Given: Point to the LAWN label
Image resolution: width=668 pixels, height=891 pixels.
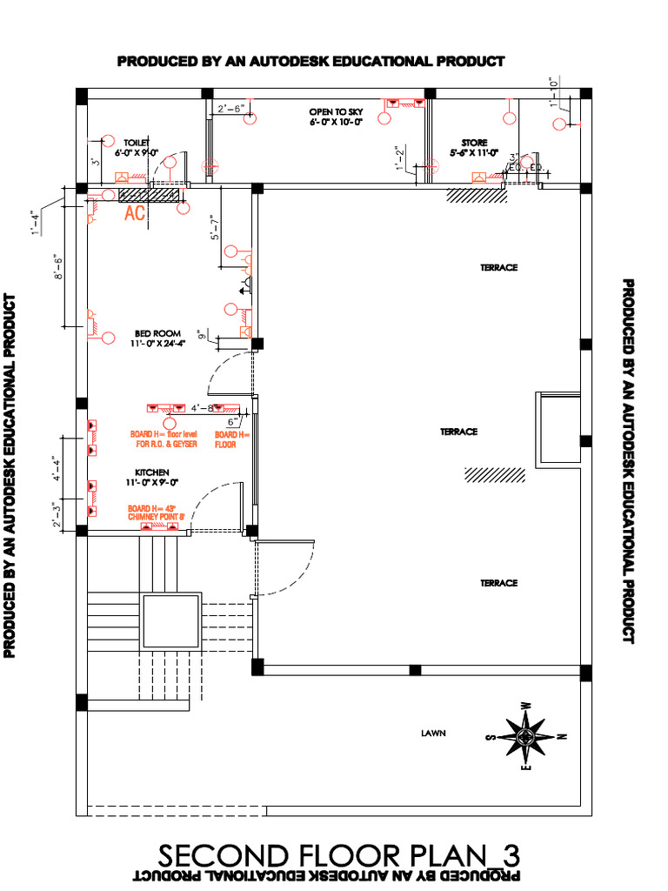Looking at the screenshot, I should [x=433, y=734].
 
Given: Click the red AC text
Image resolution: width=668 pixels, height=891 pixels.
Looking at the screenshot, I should [x=135, y=212].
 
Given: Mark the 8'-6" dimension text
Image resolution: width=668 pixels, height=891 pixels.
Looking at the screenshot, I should [x=57, y=267].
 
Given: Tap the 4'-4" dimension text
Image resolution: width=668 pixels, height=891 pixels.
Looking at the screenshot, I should [x=57, y=470].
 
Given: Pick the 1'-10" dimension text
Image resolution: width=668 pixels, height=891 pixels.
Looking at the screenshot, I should [x=553, y=92].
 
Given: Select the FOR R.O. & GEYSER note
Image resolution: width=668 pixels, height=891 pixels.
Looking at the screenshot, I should [x=166, y=444].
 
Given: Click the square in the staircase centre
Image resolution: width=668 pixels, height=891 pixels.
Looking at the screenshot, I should [x=170, y=623].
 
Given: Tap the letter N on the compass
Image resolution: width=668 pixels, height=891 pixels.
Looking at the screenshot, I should [x=564, y=737].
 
